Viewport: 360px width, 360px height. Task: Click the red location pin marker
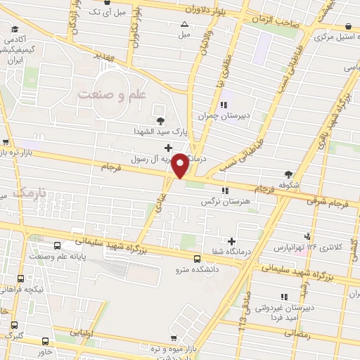tap(180, 165)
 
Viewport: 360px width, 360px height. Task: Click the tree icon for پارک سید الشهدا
tap(161, 120)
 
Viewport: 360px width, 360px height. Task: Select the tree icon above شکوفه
tap(288, 174)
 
